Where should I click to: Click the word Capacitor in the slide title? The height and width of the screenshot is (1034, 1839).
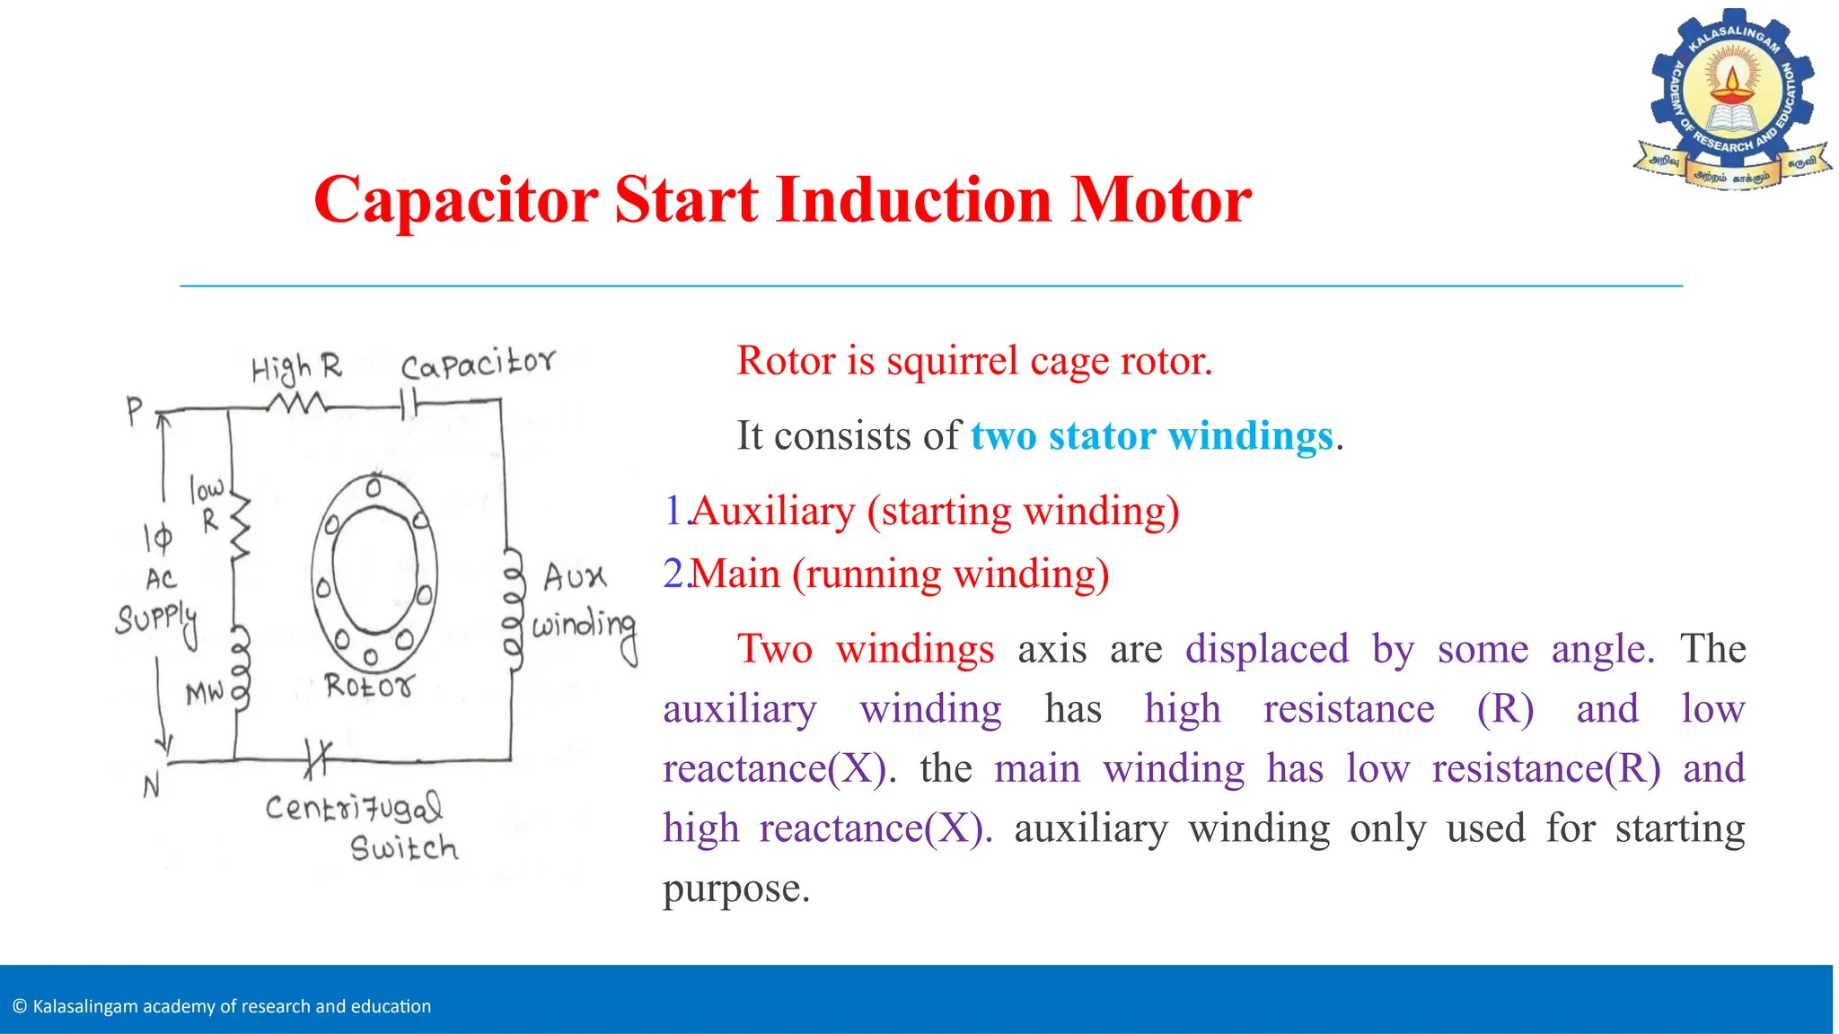(x=455, y=200)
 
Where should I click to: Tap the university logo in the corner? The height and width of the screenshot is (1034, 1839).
(x=1732, y=99)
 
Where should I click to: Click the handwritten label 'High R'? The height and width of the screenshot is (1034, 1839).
(x=296, y=368)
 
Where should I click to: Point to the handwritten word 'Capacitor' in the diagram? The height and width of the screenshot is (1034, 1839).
(x=478, y=364)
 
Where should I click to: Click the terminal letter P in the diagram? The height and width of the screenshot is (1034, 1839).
(x=135, y=411)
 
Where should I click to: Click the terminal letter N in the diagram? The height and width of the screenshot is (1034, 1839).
(x=152, y=786)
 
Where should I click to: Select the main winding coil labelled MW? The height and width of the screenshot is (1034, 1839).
(x=241, y=669)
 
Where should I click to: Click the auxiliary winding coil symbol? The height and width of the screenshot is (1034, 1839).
(x=513, y=606)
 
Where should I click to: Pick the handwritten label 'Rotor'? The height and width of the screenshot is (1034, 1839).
(x=369, y=687)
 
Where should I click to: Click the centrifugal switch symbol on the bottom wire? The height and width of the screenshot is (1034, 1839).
(x=317, y=759)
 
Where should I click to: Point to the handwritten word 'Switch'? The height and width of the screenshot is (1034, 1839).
(x=404, y=848)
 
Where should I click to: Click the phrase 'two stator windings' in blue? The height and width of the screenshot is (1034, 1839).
(x=1151, y=436)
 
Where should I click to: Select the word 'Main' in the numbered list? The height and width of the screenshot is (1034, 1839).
(x=735, y=574)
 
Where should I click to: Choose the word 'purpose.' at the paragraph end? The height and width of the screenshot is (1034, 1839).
(x=736, y=889)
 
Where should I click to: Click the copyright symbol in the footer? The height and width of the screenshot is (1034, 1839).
(x=20, y=1007)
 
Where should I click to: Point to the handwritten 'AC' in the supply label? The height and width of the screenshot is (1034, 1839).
(x=162, y=579)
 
